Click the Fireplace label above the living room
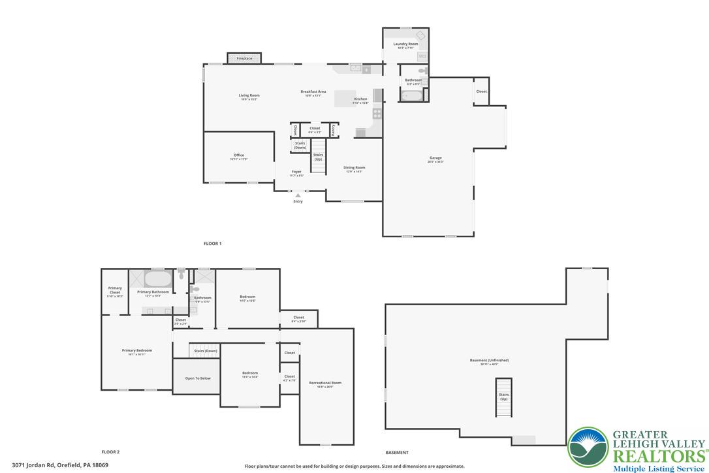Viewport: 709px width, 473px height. (x=244, y=59)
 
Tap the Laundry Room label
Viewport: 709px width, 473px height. (x=405, y=44)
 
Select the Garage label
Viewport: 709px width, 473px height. (x=435, y=158)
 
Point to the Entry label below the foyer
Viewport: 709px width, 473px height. (x=298, y=201)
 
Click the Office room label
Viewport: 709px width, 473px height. (x=239, y=155)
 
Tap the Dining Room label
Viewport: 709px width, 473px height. (x=355, y=168)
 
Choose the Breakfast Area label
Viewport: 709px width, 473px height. (x=313, y=92)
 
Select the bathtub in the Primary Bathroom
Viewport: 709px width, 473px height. (x=157, y=280)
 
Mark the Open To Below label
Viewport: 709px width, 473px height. (x=198, y=378)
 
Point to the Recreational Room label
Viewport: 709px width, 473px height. (x=325, y=383)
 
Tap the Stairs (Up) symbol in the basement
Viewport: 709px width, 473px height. (x=503, y=397)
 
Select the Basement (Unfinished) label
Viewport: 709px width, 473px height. (x=489, y=361)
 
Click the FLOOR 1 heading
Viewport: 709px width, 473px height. (x=213, y=244)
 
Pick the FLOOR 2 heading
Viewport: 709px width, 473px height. (x=110, y=452)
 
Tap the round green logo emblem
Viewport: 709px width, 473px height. (x=588, y=447)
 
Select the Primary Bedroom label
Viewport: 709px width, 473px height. (x=137, y=351)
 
